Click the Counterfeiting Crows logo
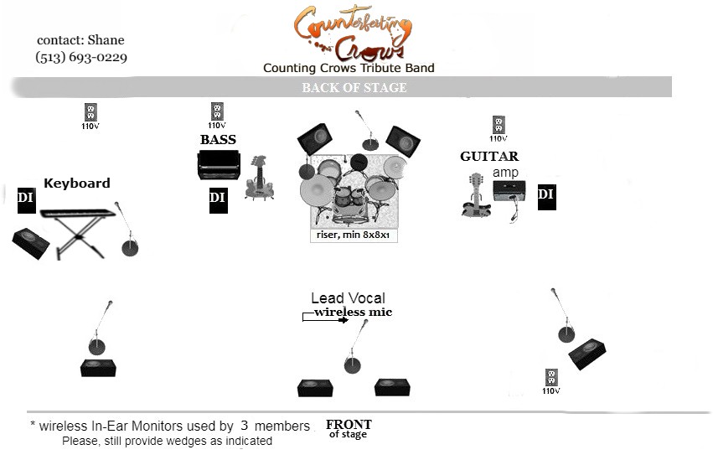pos(354,32)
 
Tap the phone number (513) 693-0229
pos(81,58)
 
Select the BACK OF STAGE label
pos(354,87)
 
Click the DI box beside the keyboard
pos(25,198)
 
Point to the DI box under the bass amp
pos(217,198)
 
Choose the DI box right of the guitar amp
pos(545,195)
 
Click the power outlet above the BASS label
pos(217,111)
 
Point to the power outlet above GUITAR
pos(499,125)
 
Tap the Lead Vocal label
pos(348,298)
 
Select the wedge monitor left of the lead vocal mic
pos(316,388)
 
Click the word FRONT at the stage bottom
pos(348,424)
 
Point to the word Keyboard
pos(76,183)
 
